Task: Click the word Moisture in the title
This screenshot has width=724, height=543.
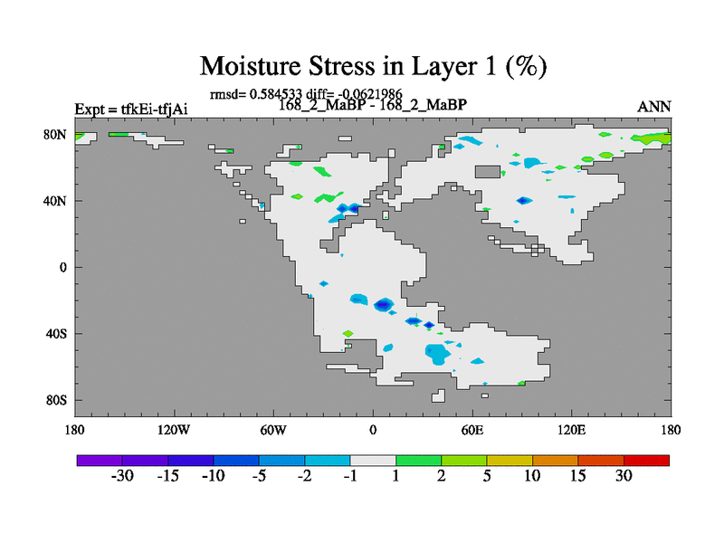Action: tap(251, 66)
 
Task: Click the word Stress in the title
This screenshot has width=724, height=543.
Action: tap(341, 66)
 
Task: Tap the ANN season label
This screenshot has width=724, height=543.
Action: tap(653, 107)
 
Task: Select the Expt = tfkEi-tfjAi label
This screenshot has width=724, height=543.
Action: tap(131, 110)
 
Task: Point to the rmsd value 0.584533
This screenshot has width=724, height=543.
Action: tap(276, 94)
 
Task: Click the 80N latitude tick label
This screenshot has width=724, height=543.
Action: tap(55, 135)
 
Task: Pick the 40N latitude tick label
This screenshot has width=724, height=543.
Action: tap(55, 201)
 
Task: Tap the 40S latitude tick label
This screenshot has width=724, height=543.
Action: tap(56, 333)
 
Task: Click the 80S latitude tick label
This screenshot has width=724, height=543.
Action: tap(56, 400)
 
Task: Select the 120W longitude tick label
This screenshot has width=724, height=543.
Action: tap(174, 431)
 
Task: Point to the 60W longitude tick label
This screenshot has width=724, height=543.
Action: tap(273, 431)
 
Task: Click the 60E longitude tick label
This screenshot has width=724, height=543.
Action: tap(472, 431)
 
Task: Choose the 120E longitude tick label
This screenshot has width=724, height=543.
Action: tap(572, 431)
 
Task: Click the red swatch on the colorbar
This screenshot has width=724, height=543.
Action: tap(646, 461)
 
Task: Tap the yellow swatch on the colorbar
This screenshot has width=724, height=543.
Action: tap(510, 461)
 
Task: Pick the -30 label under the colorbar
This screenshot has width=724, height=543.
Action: tap(122, 476)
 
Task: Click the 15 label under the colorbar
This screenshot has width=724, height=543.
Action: tap(577, 476)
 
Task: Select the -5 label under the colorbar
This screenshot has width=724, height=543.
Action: tap(259, 476)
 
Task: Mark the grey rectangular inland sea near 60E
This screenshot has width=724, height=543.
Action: tap(488, 172)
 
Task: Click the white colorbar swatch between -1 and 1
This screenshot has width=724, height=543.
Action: tap(373, 461)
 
